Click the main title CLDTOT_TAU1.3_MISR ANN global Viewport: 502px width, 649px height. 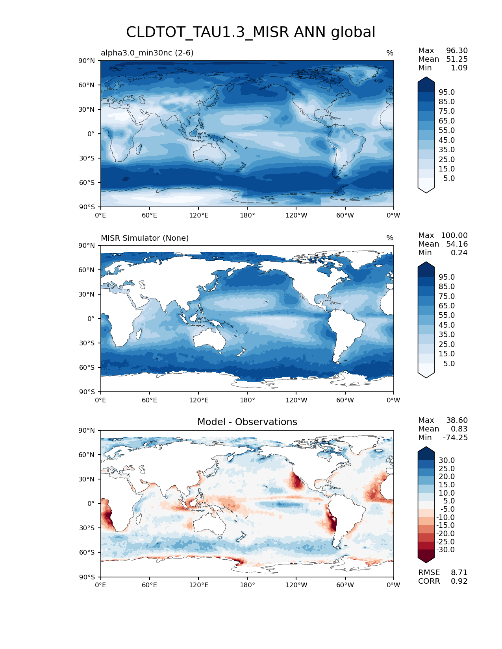pyautogui.click(x=250, y=32)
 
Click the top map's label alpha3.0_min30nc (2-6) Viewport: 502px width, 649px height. pyautogui.click(x=147, y=53)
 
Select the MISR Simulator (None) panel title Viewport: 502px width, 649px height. pyautogui.click(x=144, y=238)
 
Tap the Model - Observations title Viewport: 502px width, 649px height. pyautogui.click(x=247, y=422)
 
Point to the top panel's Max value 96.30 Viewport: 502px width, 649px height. pyautogui.click(x=457, y=50)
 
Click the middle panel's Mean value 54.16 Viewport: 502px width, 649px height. pyautogui.click(x=457, y=244)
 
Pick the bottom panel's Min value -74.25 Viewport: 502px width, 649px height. pyautogui.click(x=455, y=437)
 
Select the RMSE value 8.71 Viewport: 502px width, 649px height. pyautogui.click(x=459, y=572)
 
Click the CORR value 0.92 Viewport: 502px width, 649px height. pyautogui.click(x=459, y=581)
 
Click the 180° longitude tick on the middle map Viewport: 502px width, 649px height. pyautogui.click(x=247, y=400)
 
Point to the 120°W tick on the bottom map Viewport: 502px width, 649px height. pyautogui.click(x=296, y=585)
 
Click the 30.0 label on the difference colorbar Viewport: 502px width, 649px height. pyautogui.click(x=447, y=460)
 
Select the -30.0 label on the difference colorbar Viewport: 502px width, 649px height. pyautogui.click(x=445, y=549)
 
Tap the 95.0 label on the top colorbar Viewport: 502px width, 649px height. pyautogui.click(x=447, y=92)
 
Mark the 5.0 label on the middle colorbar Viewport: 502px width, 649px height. pyautogui.click(x=449, y=363)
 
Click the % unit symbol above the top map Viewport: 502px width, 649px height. pyautogui.click(x=390, y=53)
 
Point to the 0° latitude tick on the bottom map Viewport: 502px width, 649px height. pyautogui.click(x=91, y=503)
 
